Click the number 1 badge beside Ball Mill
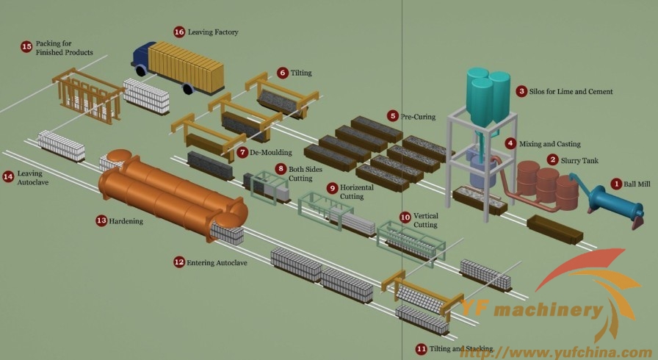tap(616, 184)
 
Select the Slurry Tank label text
tap(579, 161)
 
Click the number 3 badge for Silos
tap(521, 91)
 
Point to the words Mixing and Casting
tap(550, 144)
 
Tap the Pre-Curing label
tap(418, 117)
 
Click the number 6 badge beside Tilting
tap(283, 73)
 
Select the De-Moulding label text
tap(271, 152)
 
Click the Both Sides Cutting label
tap(305, 173)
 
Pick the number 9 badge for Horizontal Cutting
tap(333, 188)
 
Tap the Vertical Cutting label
tap(425, 220)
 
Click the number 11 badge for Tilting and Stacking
tap(421, 349)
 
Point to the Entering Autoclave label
tap(217, 263)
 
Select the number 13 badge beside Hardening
tap(101, 220)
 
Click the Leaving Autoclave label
tap(33, 178)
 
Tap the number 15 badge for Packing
tap(26, 46)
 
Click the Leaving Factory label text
tap(213, 32)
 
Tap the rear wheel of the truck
tap(187, 88)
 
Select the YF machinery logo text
tap(532, 309)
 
